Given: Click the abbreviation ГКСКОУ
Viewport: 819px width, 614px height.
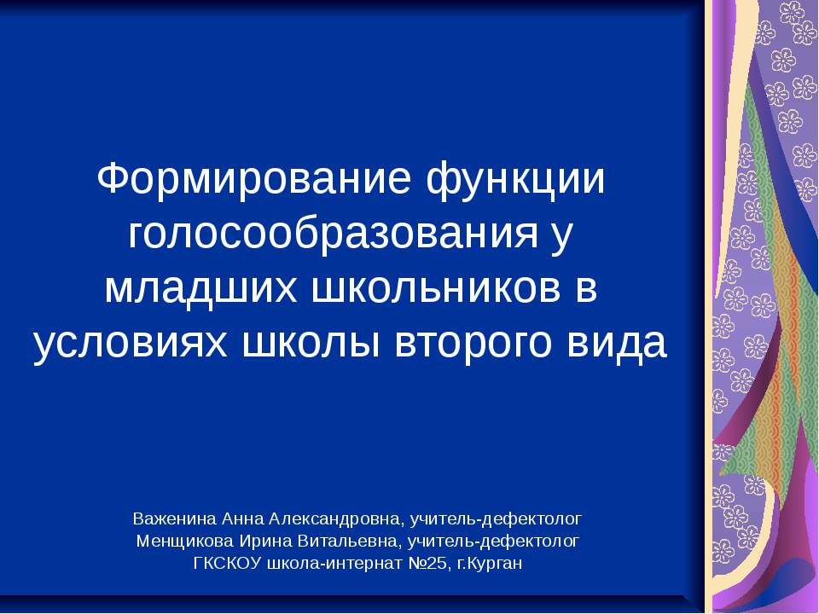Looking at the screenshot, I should (228, 564).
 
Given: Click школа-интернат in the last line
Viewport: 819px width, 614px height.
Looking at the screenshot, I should (325, 564).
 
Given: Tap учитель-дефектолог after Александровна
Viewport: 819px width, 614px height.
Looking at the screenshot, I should (496, 518).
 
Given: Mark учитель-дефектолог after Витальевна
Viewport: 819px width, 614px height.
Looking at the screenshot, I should (495, 541).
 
